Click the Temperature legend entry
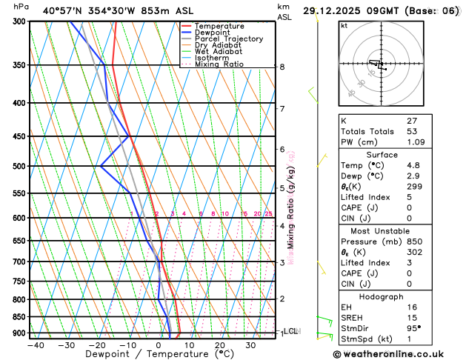click(221, 26)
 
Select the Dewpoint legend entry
click(215, 33)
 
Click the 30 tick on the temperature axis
click(252, 345)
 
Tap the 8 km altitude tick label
click(282, 67)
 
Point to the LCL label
click(290, 331)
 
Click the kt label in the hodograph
click(344, 26)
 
